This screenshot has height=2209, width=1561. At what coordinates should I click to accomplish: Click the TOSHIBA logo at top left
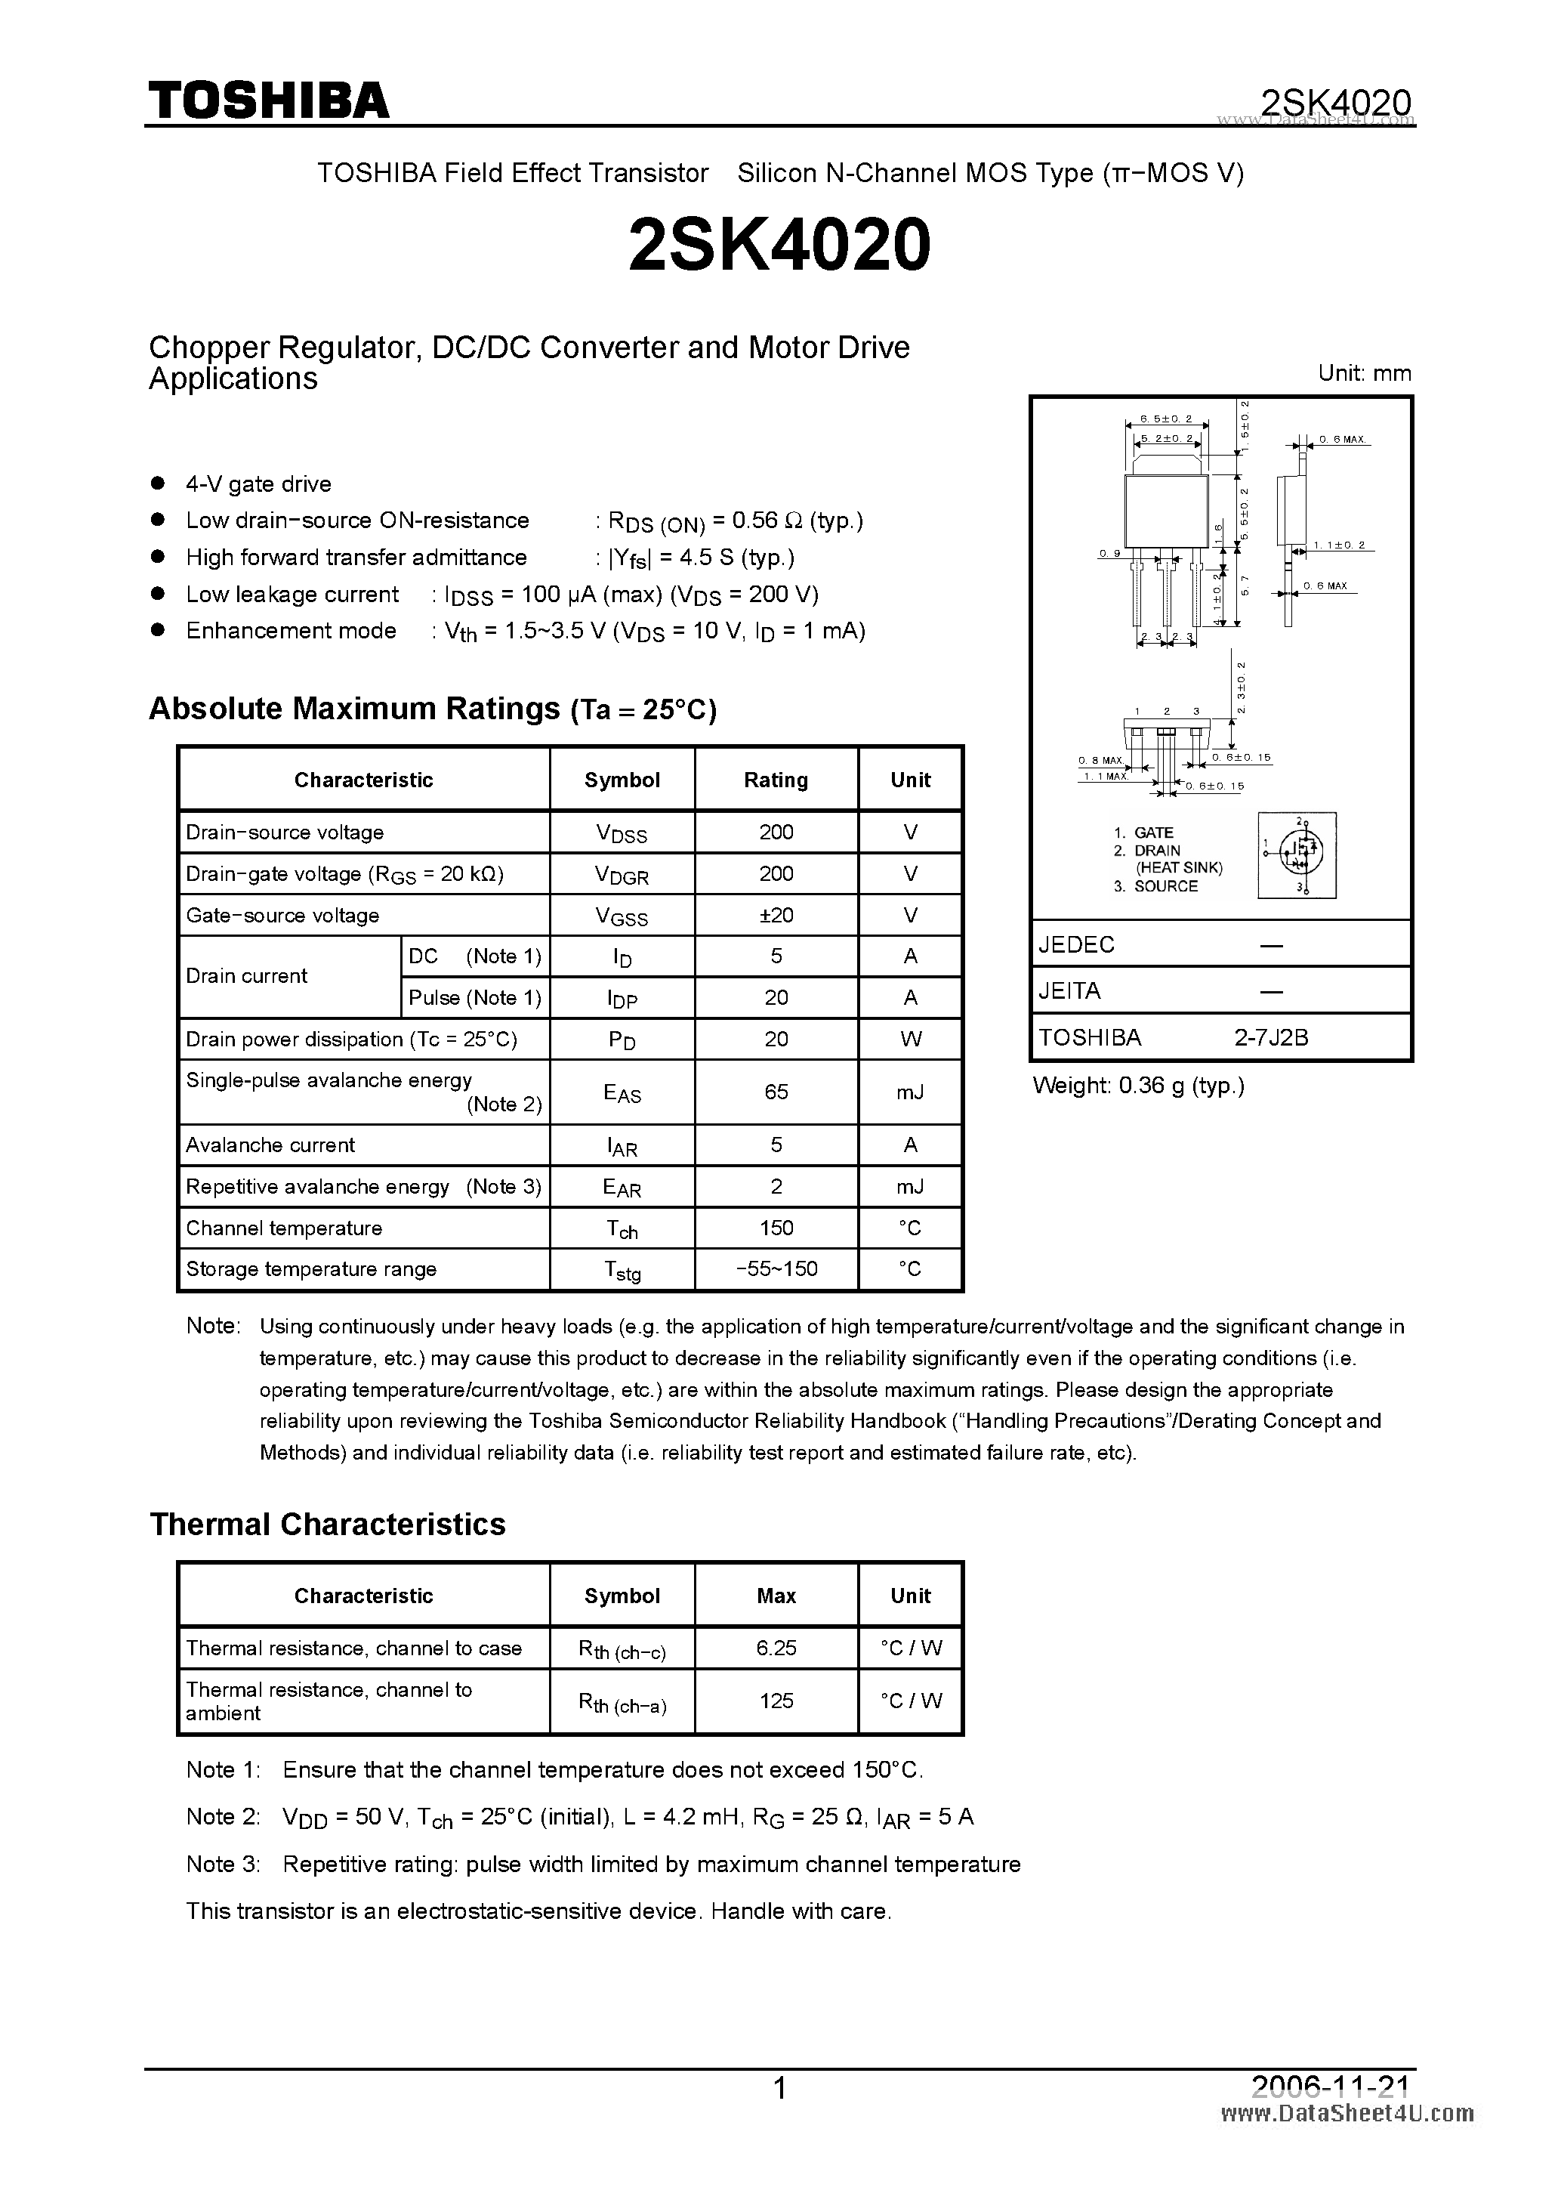[x=267, y=99]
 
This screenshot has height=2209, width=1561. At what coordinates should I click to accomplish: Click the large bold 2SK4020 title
[x=779, y=244]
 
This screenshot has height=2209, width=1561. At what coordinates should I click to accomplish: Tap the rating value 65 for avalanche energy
[x=776, y=1092]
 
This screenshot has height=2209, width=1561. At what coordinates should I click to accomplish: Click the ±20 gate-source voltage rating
[x=776, y=916]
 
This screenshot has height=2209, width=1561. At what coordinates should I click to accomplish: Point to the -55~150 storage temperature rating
[x=776, y=1269]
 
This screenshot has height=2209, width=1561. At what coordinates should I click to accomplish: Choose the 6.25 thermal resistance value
[x=776, y=1649]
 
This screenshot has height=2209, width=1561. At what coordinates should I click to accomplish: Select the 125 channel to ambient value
[x=776, y=1702]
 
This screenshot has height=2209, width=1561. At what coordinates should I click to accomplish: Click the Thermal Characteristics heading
[x=327, y=1525]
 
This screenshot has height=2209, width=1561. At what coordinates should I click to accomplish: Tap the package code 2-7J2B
[x=1272, y=1038]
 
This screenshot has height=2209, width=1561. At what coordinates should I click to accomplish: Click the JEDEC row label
[x=1076, y=945]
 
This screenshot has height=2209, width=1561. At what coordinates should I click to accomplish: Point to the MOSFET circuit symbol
[x=1297, y=855]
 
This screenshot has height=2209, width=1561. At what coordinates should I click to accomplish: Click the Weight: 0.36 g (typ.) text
[x=1138, y=1086]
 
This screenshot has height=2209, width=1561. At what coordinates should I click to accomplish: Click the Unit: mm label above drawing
[x=1364, y=373]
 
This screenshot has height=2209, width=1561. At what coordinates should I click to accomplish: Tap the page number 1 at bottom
[x=780, y=2088]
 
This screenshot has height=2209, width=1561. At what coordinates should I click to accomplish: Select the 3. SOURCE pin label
[x=1157, y=887]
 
